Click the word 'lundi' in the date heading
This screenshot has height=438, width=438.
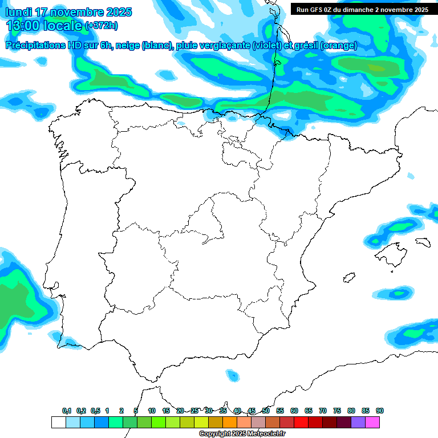click(19, 12)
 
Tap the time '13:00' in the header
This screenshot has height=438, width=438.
click(23, 26)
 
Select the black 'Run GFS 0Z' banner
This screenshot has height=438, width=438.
click(362, 9)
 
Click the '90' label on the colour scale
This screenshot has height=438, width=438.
click(380, 411)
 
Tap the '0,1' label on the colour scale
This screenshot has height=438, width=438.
click(67, 411)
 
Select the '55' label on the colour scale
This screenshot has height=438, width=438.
click(280, 411)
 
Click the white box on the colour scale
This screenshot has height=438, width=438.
click(58, 422)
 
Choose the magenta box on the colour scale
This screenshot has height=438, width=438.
click(372, 422)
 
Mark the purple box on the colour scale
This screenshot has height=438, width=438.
click(358, 422)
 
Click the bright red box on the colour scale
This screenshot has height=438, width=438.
click(301, 422)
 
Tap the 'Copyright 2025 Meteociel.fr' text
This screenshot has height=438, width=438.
click(242, 434)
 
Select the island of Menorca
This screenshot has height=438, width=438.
click(423, 242)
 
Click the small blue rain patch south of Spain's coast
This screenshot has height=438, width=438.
click(232, 375)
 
